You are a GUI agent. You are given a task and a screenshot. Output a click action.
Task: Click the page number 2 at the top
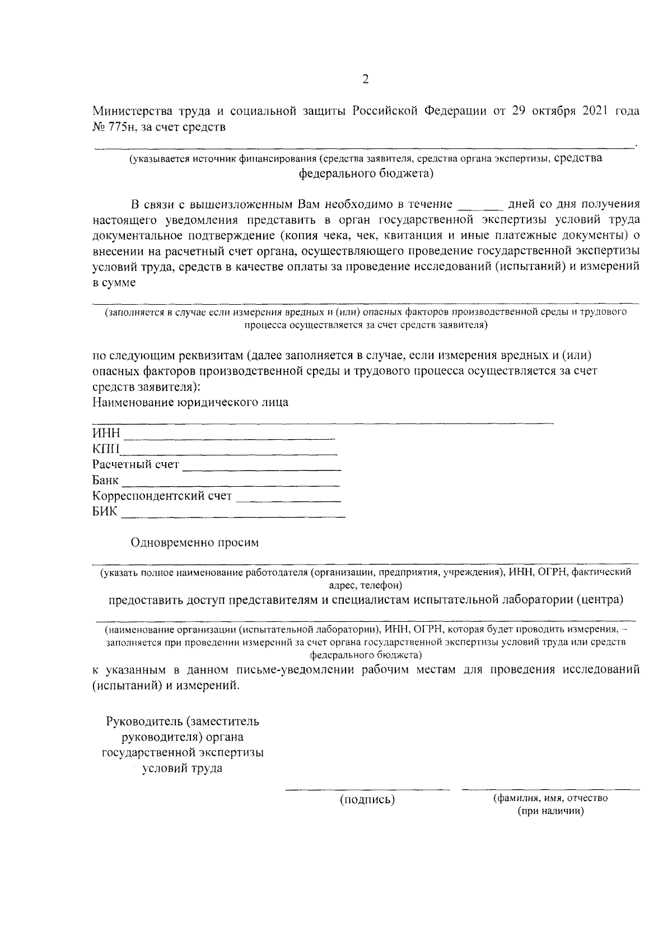pos(365,80)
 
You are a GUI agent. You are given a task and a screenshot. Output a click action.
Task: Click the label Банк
pos(105,481)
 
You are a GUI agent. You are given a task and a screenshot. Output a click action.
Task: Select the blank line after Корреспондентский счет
pos(289,500)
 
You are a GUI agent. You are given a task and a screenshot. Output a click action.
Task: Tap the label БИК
pos(105,512)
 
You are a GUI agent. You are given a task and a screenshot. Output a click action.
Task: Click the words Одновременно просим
pos(195,542)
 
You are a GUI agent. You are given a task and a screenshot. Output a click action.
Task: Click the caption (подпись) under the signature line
pos(367,800)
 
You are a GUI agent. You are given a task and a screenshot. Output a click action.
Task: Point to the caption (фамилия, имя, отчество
pos(550,798)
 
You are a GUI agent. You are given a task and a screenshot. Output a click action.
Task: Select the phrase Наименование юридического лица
pos(190,402)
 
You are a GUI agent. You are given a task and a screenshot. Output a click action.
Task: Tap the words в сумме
pos(114,283)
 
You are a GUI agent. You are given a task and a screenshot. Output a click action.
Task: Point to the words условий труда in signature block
pos(182,768)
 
